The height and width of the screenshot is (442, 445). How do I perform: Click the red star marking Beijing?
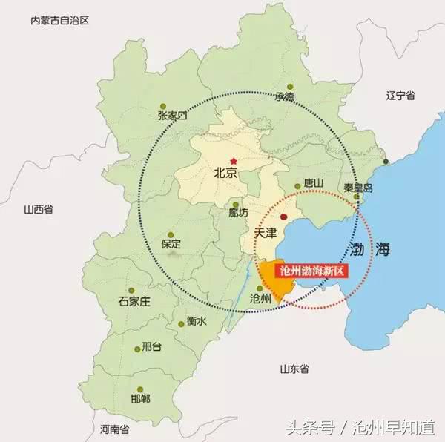tap(234, 160)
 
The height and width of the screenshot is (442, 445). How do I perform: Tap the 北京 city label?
tap(225, 174)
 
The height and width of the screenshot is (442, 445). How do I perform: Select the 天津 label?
tap(265, 233)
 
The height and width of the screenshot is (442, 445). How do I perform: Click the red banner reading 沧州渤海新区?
tap(311, 271)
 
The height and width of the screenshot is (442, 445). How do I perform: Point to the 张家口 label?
tap(173, 115)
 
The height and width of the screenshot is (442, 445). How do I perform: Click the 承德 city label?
tap(284, 96)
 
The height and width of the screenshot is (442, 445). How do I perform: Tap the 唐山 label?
tap(314, 183)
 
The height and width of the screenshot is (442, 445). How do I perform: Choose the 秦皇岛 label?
tap(359, 188)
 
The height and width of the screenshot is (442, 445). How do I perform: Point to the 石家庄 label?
tap(134, 301)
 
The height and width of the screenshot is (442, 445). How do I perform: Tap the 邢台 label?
tap(151, 346)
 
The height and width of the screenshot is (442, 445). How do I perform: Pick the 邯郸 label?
tap(139, 399)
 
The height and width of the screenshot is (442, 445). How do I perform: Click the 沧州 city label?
tap(261, 298)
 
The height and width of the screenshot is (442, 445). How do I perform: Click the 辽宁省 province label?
tap(401, 96)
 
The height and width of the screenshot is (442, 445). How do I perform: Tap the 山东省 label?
tap(294, 369)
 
